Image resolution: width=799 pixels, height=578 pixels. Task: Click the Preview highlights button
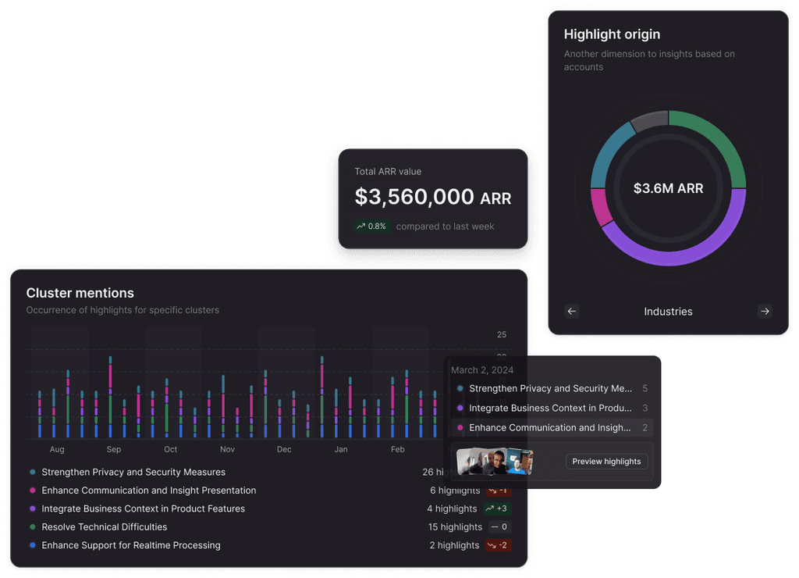(x=606, y=462)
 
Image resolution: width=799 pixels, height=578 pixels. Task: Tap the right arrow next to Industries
(x=765, y=311)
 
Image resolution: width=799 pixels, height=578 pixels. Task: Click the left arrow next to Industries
(x=572, y=311)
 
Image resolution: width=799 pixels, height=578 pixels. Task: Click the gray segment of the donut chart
(x=649, y=121)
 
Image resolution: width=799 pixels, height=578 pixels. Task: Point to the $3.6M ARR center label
(x=668, y=188)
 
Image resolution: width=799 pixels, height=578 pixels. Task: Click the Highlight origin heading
(x=612, y=34)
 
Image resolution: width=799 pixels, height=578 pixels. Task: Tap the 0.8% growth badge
(x=371, y=227)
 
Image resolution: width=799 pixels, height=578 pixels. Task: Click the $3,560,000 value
(x=414, y=197)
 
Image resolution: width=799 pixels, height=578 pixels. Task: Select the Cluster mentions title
(x=80, y=293)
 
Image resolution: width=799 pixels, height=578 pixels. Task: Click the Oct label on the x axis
(x=170, y=449)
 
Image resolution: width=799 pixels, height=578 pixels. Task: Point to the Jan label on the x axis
(x=341, y=449)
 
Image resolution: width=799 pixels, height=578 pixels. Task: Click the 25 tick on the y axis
(x=502, y=334)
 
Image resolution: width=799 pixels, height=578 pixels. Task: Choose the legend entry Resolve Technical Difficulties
(x=105, y=527)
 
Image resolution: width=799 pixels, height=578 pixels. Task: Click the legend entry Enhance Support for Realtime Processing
(x=131, y=545)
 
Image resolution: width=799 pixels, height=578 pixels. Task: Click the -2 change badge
(x=498, y=545)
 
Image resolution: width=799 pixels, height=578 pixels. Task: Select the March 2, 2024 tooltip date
(x=482, y=369)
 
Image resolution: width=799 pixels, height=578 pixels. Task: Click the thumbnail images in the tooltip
(x=495, y=462)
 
